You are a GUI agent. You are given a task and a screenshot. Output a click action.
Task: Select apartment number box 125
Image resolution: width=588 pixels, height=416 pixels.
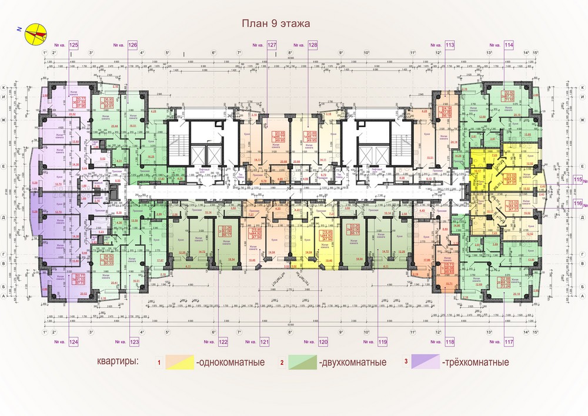73,45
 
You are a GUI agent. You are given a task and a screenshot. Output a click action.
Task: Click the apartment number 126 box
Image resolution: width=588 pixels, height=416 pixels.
132,45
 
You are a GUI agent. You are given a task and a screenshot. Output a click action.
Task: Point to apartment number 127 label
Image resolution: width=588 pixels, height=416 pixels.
272,45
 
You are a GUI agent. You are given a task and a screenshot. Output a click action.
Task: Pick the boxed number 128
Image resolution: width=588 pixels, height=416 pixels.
313,45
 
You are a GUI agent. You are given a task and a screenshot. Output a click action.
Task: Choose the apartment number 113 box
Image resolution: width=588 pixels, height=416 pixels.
450,45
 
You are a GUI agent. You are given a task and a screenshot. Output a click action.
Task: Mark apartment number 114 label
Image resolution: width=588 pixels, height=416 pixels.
509,45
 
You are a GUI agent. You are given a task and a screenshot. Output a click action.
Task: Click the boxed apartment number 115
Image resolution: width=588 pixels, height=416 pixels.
579,179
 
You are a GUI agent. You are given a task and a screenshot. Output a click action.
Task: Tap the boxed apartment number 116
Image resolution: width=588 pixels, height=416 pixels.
579,204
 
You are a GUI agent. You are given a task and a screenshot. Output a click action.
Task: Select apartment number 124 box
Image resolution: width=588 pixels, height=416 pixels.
73,341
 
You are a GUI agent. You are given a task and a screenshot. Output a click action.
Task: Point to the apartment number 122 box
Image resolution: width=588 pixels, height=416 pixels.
223,341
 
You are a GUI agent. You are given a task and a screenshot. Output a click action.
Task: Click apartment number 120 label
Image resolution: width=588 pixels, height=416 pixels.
322,341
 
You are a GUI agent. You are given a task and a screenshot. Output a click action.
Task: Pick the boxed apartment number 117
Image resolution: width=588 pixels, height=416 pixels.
509,341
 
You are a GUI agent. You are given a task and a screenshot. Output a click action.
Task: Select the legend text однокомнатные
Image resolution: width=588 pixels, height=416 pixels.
230,362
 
